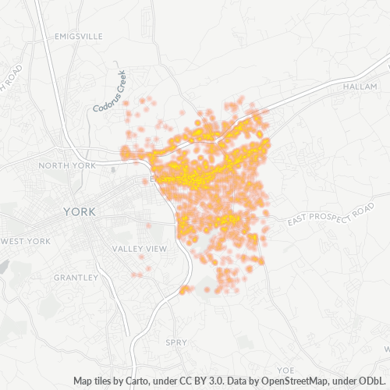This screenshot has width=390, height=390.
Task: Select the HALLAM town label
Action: pos(359,87)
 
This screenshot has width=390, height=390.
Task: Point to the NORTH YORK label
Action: pos(66,165)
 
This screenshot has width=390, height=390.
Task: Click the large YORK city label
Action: pos(79,212)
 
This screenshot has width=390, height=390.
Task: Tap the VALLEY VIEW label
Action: pos(140,249)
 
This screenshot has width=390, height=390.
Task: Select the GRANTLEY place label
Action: pos(76,277)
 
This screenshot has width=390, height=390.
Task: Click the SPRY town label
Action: pos(176,342)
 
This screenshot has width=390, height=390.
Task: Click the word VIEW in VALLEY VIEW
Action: pos(155,249)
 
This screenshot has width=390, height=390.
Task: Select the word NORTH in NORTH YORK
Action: pos(54,165)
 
